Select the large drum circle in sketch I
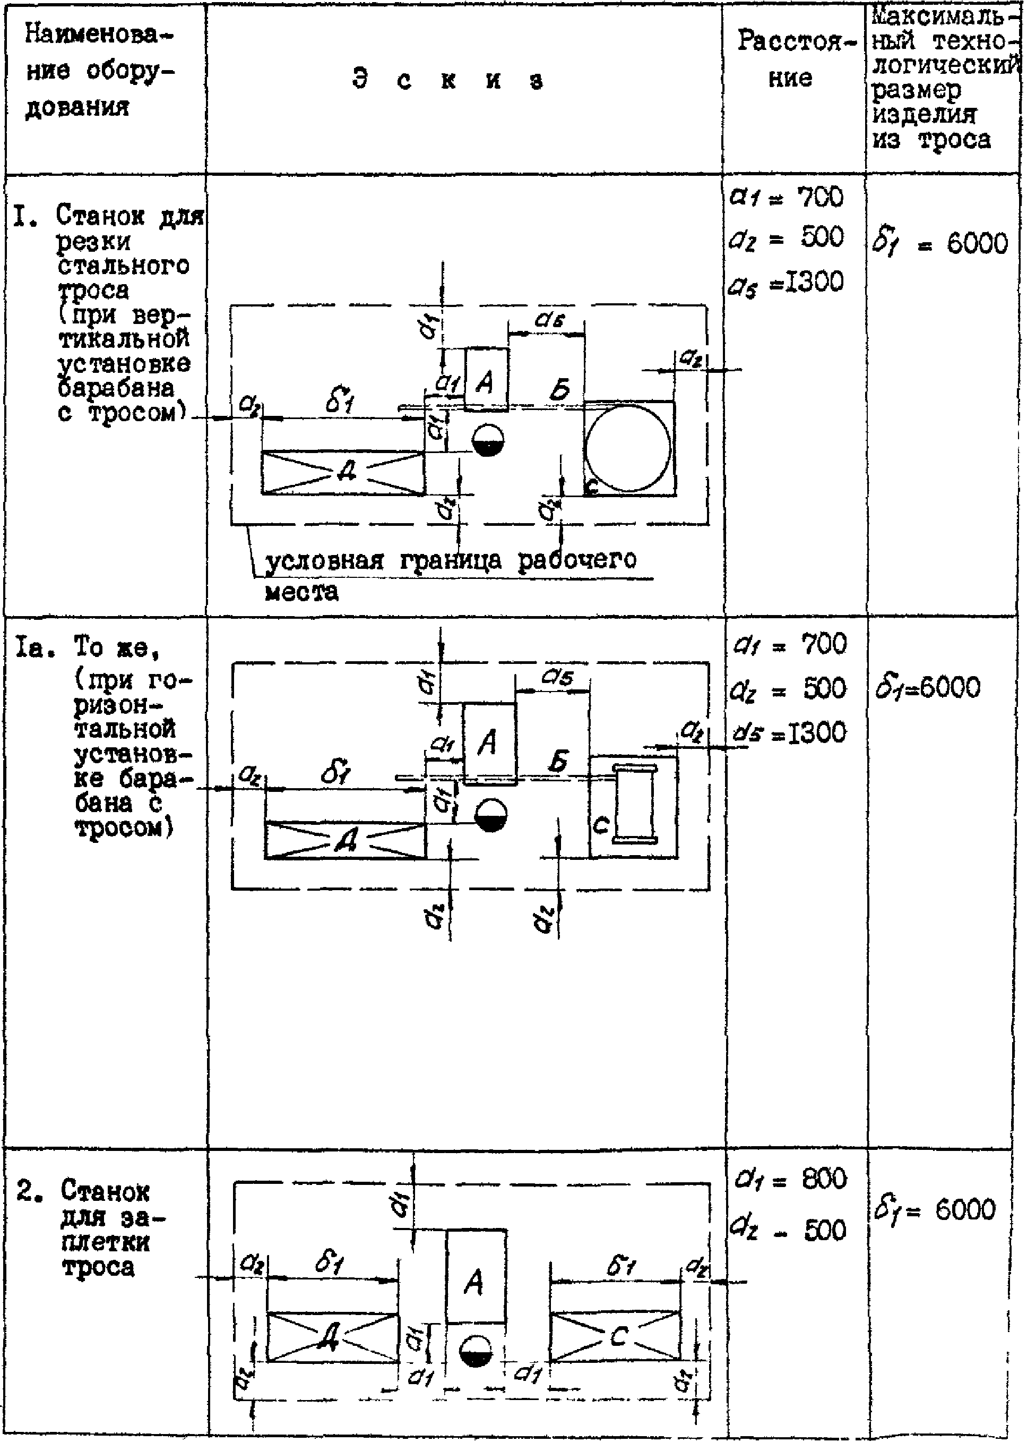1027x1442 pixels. click(x=627, y=448)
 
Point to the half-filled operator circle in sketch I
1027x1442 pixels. click(x=488, y=440)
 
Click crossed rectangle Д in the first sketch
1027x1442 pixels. click(x=343, y=473)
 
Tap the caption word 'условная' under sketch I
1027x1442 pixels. click(x=324, y=561)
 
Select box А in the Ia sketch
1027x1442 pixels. click(x=489, y=744)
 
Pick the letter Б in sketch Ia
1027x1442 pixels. click(x=558, y=761)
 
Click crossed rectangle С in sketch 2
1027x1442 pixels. click(x=615, y=1336)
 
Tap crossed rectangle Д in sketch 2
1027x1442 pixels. click(x=333, y=1336)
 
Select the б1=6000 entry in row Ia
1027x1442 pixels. click(x=928, y=688)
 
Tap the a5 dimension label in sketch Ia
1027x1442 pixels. click(x=557, y=678)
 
